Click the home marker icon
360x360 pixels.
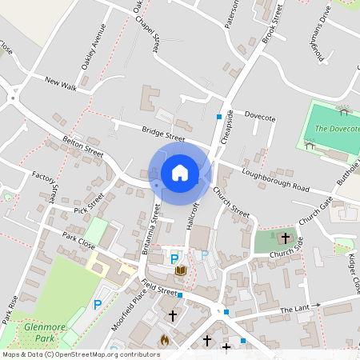click(179, 173)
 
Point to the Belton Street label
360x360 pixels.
click(83, 146)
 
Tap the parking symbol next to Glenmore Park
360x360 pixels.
click(98, 304)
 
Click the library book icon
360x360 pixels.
click(181, 271)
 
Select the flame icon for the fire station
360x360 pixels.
click(165, 340)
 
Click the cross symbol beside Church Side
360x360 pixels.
click(284, 238)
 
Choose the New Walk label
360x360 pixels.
click(61, 82)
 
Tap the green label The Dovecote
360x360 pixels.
click(338, 128)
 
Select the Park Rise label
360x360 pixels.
click(9, 309)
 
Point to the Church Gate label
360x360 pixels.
click(315, 210)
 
